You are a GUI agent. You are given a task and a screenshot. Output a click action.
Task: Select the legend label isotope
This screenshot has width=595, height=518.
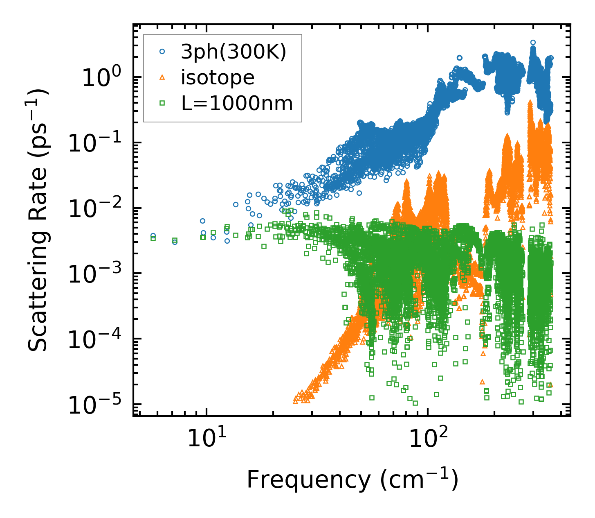[x=218, y=77]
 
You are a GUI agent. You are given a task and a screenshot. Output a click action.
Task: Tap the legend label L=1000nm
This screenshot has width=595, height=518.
[x=237, y=103]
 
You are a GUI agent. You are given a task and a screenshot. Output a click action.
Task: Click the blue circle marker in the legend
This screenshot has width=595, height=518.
[x=162, y=52]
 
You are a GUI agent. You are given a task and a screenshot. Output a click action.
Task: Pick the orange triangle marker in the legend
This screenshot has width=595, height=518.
[x=162, y=77]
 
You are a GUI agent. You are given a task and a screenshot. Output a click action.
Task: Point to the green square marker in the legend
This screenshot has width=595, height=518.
[x=162, y=103]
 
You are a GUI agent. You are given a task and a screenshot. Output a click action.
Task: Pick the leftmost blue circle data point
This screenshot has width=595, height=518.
[x=153, y=236]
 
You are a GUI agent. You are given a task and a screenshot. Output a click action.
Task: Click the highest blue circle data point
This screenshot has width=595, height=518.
[x=533, y=42]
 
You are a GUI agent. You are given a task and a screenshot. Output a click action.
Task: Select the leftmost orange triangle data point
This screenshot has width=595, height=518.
[x=295, y=401]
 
